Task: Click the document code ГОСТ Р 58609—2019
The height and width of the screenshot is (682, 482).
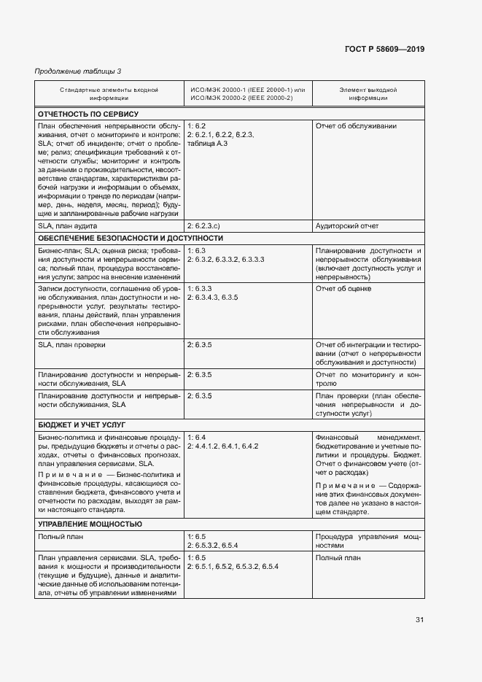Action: (384, 49)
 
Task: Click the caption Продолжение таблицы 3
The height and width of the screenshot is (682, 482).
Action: (78, 71)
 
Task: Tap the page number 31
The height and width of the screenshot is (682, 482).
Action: (419, 619)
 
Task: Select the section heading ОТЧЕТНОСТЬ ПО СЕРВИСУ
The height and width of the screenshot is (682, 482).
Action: (88, 114)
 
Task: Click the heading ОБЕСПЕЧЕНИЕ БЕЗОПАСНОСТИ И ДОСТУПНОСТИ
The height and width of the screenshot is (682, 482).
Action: (131, 239)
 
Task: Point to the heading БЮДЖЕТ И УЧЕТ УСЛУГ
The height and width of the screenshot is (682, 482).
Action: (82, 424)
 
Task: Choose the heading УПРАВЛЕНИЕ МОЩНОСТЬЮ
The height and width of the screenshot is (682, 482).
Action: (90, 524)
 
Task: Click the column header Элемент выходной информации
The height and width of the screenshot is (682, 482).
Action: (368, 93)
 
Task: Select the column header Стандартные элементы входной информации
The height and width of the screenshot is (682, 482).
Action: (109, 93)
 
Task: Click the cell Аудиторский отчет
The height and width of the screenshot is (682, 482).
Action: (347, 226)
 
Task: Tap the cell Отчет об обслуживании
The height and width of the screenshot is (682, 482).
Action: (356, 126)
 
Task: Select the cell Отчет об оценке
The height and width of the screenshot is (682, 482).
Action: (343, 289)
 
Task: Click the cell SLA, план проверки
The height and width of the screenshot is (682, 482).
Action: (71, 344)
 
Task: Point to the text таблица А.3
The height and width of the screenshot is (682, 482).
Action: (207, 144)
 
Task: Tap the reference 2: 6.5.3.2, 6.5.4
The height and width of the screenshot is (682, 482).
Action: (218, 545)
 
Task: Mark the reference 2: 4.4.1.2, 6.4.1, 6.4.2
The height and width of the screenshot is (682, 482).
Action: (223, 445)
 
